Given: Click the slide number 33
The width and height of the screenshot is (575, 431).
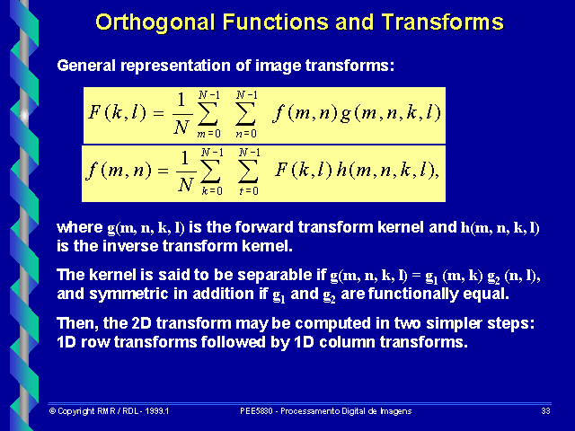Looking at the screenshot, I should (x=545, y=410).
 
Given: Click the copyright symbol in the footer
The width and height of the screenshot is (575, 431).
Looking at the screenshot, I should (x=52, y=410).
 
